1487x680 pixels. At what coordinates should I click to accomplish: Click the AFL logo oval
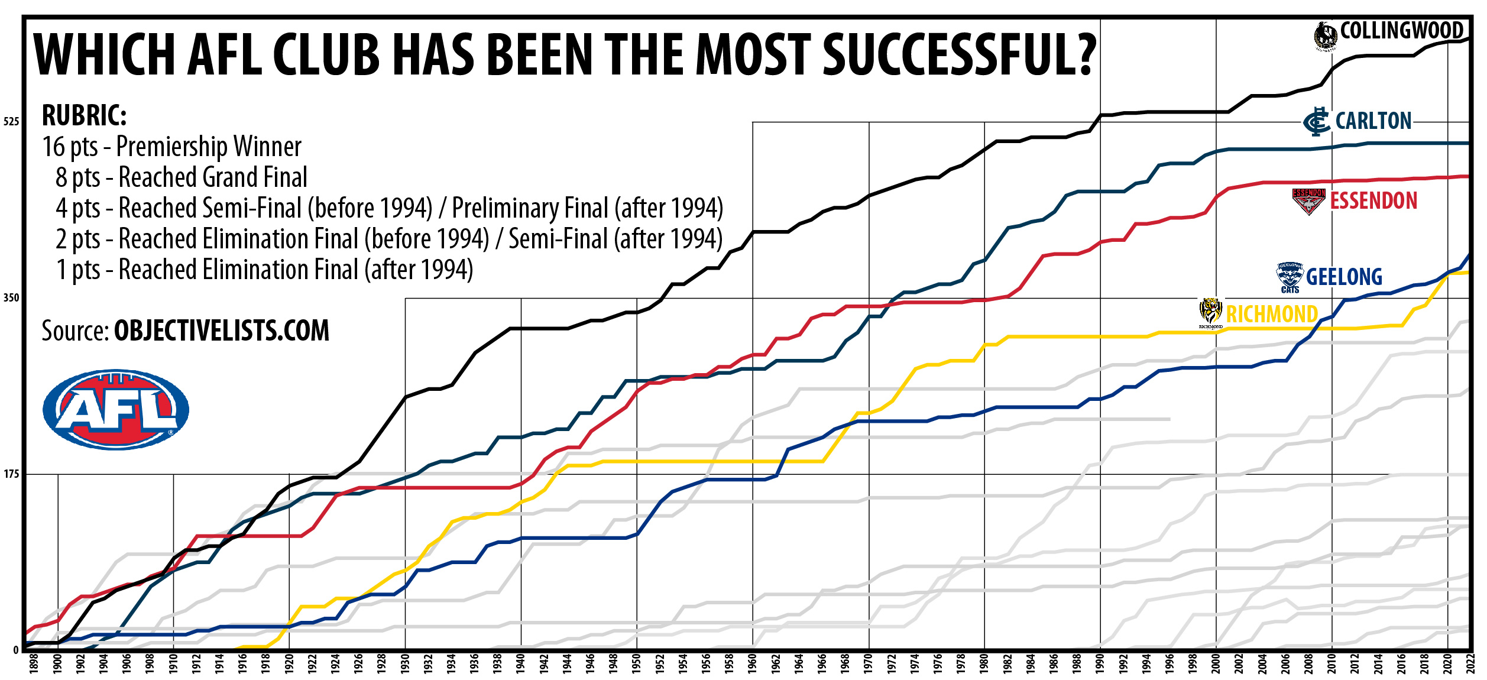116,409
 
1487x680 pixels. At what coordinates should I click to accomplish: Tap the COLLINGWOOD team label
1401,31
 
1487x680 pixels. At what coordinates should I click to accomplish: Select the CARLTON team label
1373,121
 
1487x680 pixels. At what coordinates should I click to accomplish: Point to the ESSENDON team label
1373,201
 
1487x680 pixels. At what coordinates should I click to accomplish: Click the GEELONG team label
1344,277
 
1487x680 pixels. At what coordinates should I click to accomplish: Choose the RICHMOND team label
1272,315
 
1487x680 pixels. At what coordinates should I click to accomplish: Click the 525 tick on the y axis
11,122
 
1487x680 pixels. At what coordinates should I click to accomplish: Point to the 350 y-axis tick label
11,298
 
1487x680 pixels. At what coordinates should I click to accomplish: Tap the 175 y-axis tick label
11,474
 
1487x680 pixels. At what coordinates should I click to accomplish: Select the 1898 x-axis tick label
34,664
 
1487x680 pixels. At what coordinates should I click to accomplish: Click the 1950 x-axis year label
636,664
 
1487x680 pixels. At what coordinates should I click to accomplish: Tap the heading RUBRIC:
85,116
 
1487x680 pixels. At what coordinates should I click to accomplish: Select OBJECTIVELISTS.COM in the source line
221,331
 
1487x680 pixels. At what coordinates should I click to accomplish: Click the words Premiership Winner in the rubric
209,147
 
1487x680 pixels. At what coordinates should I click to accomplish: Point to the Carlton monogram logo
1316,122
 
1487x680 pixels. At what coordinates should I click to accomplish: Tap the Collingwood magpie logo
1326,35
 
